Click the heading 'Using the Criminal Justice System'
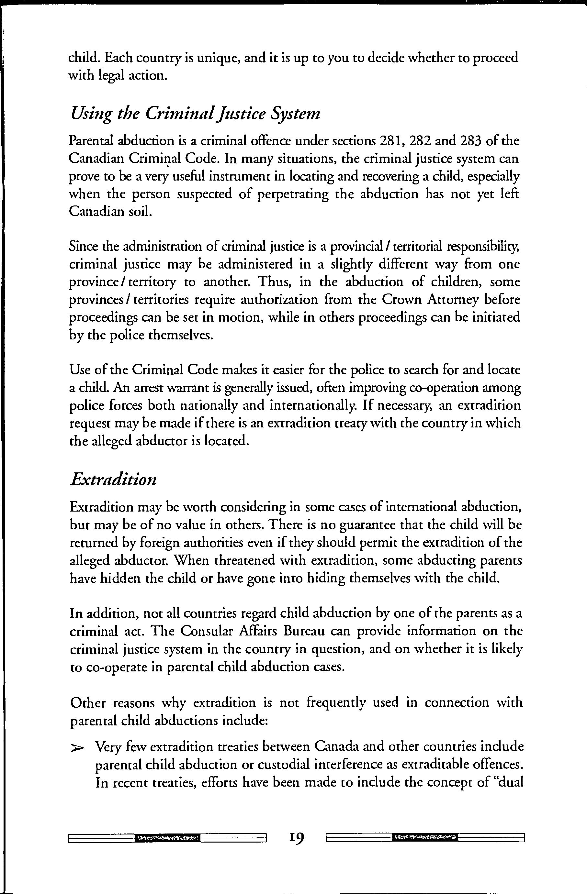(195, 114)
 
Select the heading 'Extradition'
(113, 480)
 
